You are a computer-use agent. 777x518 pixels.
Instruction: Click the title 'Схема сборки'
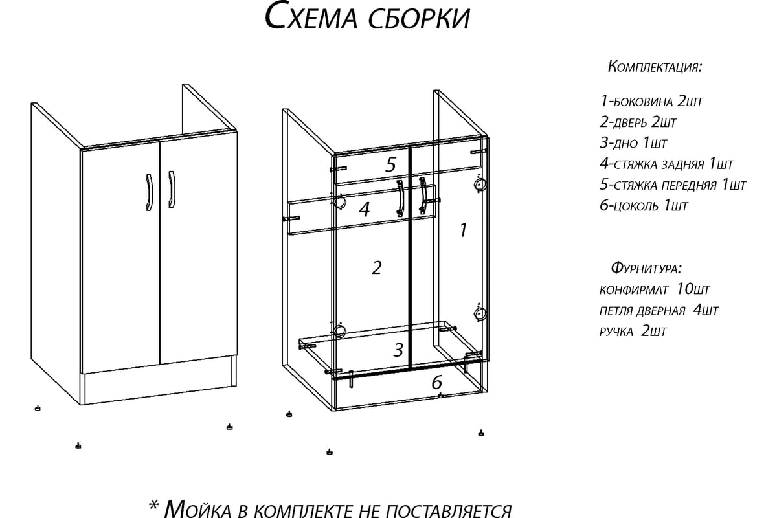pos(367,17)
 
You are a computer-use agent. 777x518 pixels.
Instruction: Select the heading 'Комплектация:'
pos(655,67)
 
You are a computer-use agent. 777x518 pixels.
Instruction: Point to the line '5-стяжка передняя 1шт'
pos(673,185)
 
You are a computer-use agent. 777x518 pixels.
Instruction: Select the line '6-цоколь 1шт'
pos(644,207)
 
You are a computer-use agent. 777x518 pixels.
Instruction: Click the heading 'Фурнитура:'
pos(646,268)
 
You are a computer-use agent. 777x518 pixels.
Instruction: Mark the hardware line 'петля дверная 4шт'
pos(659,311)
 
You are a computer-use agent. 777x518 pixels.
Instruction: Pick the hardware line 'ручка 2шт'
pos(633,332)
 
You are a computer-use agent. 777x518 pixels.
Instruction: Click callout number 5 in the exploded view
pos(390,164)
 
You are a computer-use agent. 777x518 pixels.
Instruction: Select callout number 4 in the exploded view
pos(364,209)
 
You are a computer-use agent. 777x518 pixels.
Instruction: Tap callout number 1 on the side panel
pos(463,229)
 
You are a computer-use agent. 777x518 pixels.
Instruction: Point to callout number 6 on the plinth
pos(437,382)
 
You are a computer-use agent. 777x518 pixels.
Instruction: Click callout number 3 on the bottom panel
pos(399,350)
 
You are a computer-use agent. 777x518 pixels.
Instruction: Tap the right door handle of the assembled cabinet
pos(172,190)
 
